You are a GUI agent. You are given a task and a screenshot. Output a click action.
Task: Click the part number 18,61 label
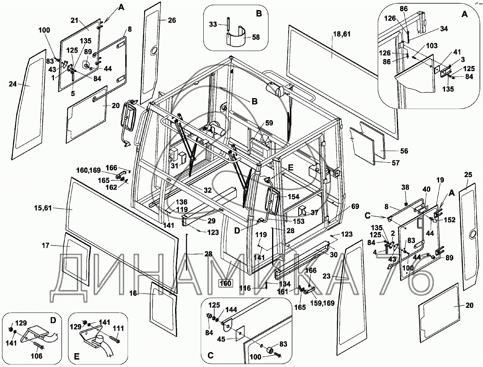[341, 34]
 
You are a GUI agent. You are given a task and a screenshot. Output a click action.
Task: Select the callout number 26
[172, 21]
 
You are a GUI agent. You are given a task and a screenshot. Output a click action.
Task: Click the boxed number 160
[225, 283]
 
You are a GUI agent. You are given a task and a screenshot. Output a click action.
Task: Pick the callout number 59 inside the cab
[268, 123]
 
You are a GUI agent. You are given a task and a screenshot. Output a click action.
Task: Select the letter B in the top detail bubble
[259, 13]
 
